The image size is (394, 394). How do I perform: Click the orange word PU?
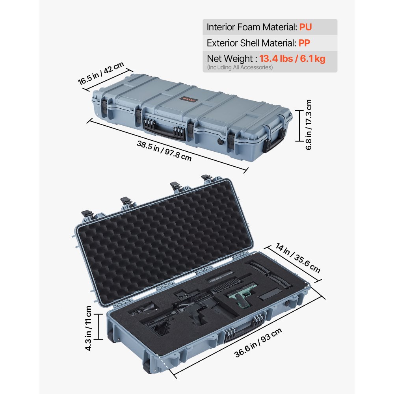point(305,28)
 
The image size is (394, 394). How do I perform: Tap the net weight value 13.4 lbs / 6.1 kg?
point(292,59)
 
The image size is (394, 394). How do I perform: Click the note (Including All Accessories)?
point(240,67)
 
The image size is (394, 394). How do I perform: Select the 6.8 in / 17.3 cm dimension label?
point(309,124)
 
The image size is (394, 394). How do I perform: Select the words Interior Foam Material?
point(251,28)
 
